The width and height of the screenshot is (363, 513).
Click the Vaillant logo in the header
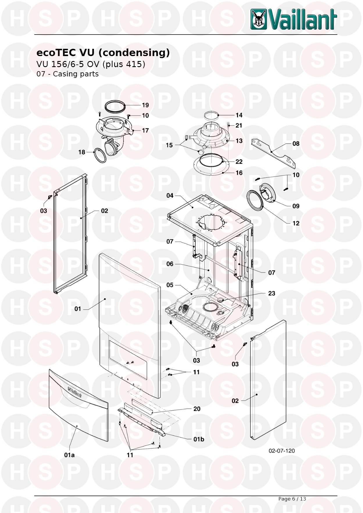tap(294, 19)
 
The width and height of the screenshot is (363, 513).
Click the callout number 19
tap(145, 105)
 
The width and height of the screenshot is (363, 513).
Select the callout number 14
tap(239, 115)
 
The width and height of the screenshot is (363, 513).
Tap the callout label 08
tap(296, 144)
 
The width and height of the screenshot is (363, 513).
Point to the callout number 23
tap(271, 293)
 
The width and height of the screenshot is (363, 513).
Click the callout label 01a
tap(69, 455)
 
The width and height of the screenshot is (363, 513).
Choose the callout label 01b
tap(199, 439)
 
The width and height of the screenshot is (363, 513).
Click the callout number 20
tap(197, 409)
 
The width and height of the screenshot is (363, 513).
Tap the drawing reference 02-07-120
tap(282, 451)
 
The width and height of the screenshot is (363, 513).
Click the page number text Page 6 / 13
tap(292, 499)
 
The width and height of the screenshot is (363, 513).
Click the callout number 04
tap(170, 196)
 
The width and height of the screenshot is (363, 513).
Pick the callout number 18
tap(82, 152)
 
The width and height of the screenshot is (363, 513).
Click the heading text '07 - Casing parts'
tap(67, 74)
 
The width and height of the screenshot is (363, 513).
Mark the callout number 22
tap(239, 162)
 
